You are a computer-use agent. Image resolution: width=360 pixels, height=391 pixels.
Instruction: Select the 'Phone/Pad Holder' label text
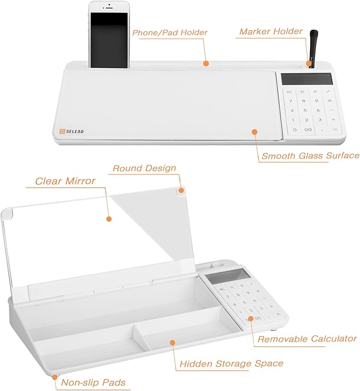point(170,32)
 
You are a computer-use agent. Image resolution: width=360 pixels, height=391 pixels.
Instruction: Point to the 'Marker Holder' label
point(270,31)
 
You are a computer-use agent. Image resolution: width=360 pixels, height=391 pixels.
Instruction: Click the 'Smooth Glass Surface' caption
point(310,155)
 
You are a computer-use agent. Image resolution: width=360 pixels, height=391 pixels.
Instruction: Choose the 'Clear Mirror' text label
point(65,180)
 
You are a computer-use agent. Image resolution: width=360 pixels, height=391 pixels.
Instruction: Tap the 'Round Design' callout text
point(144,168)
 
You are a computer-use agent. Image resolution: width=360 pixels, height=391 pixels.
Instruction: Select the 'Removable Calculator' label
point(307,338)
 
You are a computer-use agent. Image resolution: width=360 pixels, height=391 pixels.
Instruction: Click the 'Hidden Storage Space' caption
point(231,363)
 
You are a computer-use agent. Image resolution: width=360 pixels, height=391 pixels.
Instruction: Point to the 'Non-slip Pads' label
point(94,381)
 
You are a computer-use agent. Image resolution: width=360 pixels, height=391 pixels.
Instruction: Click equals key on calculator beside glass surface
point(335,129)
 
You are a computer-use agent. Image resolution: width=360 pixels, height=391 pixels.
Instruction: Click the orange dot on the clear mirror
point(108,219)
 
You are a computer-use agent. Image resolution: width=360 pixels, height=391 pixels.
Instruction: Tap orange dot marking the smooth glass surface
point(254,132)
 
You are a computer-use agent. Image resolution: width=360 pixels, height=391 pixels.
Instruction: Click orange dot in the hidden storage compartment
point(172,342)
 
